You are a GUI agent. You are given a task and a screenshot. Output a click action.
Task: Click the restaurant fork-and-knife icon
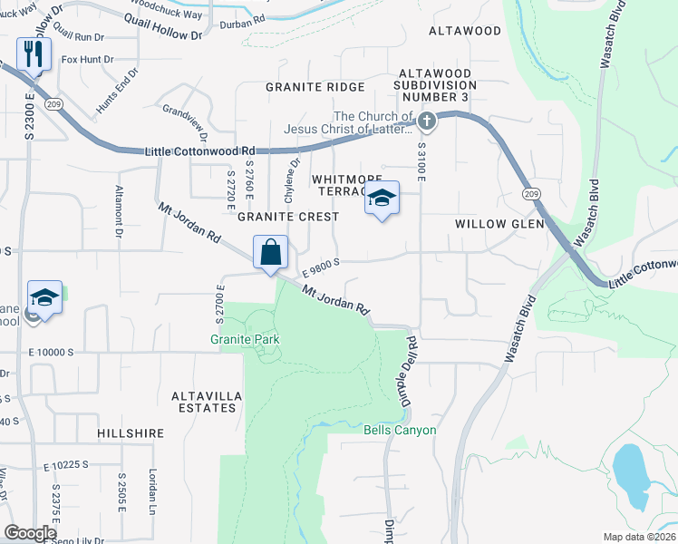(34, 54)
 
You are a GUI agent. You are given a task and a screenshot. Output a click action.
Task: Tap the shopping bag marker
(271, 253)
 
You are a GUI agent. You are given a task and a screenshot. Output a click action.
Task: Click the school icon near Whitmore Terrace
(383, 199)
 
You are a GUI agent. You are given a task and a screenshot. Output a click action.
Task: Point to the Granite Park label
(244, 339)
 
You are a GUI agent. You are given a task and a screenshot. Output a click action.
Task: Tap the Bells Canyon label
(400, 430)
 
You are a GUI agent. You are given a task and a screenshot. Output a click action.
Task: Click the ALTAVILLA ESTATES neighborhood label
(203, 402)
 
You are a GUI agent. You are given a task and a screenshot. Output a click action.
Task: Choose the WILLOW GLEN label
(499, 223)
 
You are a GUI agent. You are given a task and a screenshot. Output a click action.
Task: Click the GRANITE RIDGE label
(315, 87)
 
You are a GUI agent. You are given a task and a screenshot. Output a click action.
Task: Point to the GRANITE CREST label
(287, 217)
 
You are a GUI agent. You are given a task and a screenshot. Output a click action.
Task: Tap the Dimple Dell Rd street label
(407, 370)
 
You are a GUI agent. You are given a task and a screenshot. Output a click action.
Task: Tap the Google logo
(30, 533)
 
